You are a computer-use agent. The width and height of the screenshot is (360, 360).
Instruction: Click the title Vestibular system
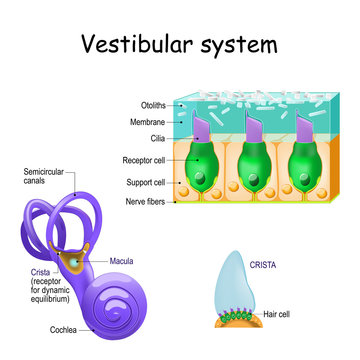[179, 46]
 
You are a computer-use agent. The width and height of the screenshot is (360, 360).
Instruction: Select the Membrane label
[146, 120]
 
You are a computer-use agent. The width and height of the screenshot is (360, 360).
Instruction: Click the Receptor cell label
[143, 158]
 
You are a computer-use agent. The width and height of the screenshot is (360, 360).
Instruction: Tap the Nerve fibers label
[145, 200]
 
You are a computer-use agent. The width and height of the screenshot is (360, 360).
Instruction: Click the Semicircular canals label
[46, 177]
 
